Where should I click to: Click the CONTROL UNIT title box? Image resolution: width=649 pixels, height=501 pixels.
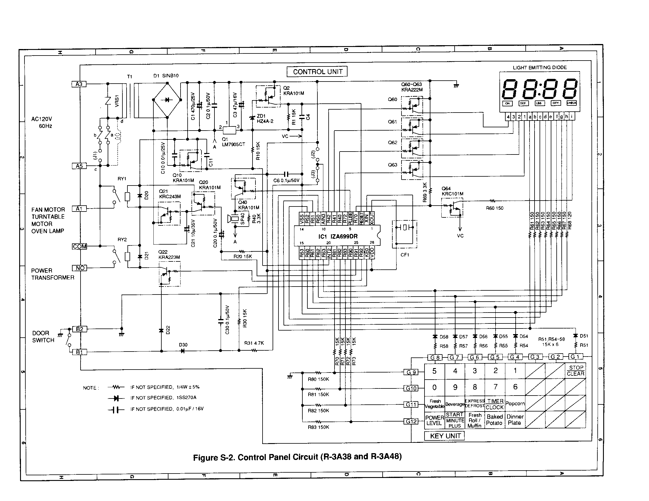pos(317,72)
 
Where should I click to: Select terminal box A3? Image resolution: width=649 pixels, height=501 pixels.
pos(79,84)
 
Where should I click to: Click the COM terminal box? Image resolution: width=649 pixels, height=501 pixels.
pos(80,247)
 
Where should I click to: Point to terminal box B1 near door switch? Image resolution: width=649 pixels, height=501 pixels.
pos(79,352)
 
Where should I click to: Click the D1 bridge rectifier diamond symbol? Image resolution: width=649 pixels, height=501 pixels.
pos(167,100)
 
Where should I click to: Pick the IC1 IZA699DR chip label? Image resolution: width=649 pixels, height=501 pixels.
pos(338,237)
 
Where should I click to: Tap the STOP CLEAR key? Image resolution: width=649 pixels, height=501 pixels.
pos(576,371)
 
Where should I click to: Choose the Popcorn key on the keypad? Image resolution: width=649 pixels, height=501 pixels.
pos(515,404)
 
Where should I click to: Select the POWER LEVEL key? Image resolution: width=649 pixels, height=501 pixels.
pos(435,420)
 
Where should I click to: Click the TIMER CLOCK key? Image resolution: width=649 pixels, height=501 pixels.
pos(495,404)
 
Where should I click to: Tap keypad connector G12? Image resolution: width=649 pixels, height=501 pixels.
pos(411,421)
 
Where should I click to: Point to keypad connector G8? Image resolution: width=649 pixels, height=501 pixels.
pos(435,357)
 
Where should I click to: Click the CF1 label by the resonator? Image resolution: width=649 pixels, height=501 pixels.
pos(405,255)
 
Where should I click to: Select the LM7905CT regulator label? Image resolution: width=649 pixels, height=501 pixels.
pos(234,144)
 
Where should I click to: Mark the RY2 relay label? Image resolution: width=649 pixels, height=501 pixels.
pos(122,240)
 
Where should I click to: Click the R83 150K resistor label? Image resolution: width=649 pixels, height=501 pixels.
pos(318,427)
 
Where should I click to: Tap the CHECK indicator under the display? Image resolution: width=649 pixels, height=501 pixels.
pos(571,103)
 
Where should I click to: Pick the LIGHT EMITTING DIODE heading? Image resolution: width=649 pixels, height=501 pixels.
pos(540,68)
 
